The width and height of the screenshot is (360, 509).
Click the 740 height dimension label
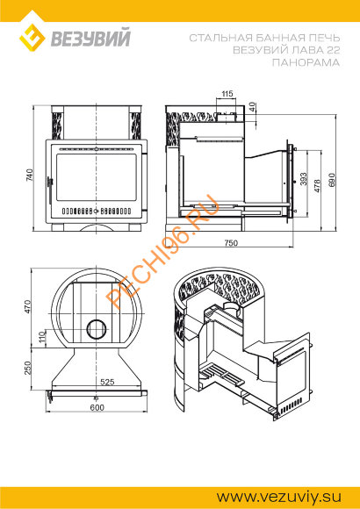[30, 175]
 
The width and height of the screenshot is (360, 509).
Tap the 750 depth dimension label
[231, 242]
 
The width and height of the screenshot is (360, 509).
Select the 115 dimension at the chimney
[227, 94]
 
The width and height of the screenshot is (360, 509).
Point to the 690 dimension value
[332, 180]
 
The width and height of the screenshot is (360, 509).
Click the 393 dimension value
[304, 178]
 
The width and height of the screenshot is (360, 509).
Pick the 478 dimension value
[318, 185]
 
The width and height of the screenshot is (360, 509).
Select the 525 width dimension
[107, 382]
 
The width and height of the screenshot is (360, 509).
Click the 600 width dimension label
[97, 407]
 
